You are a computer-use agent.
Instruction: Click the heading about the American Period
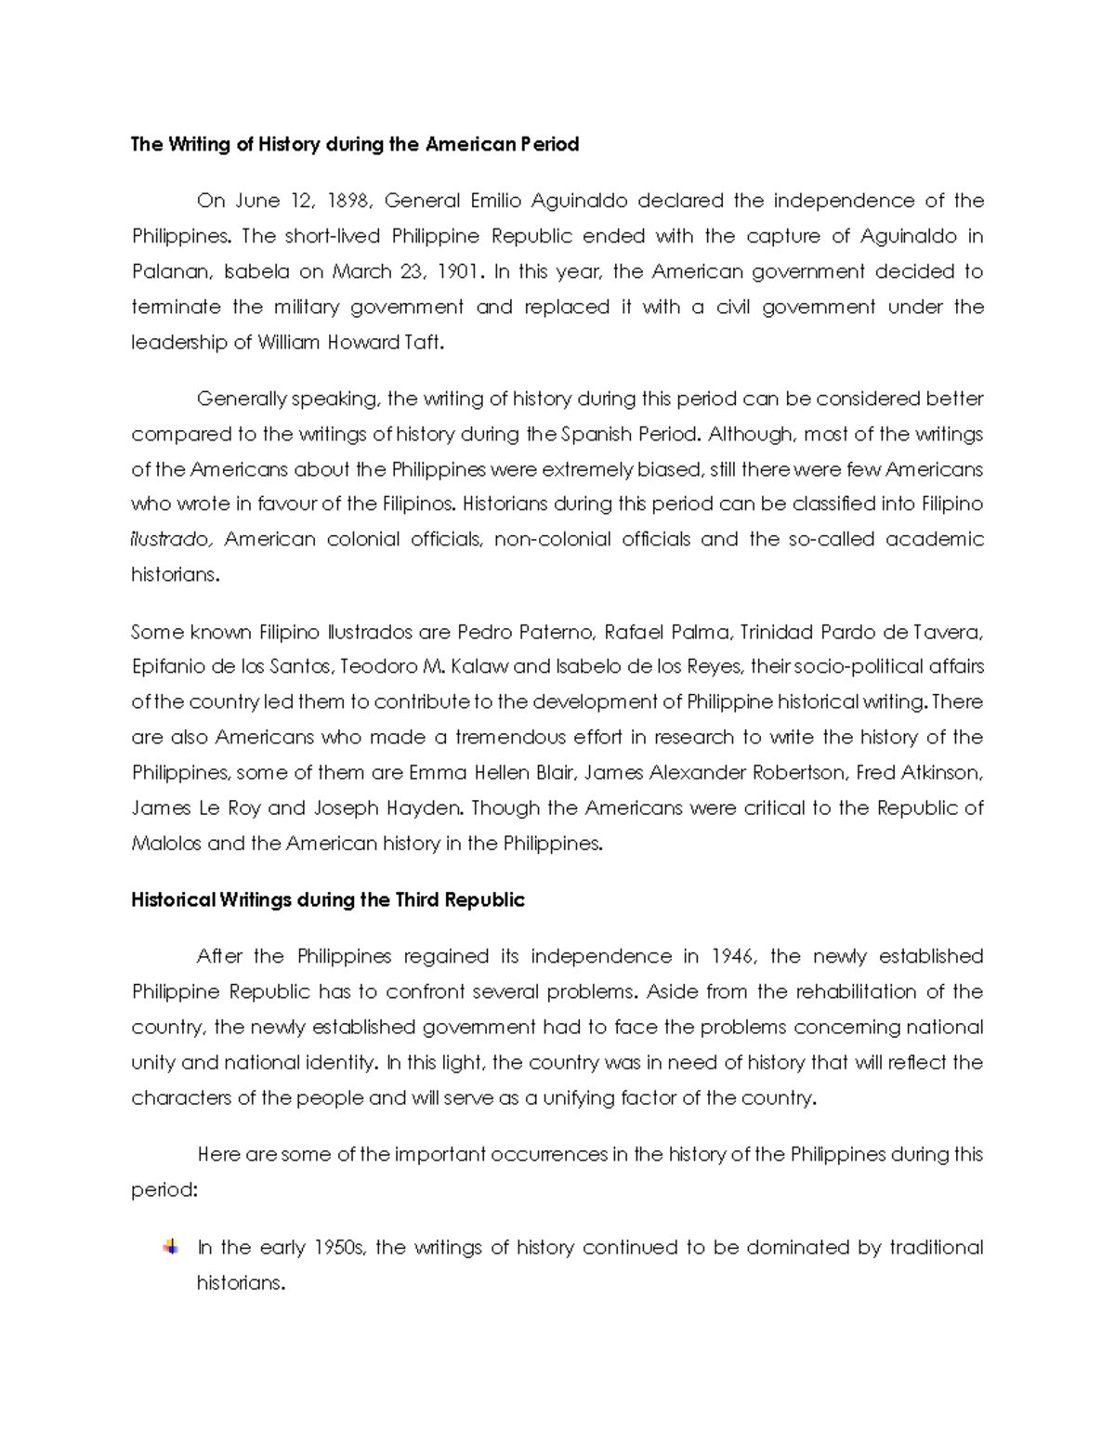coord(355,144)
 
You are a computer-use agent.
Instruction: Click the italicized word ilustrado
coord(171,540)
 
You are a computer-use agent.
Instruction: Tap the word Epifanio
coord(169,667)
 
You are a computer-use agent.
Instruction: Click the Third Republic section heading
coord(328,900)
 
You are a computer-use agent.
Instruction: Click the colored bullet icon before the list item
coord(170,1247)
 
